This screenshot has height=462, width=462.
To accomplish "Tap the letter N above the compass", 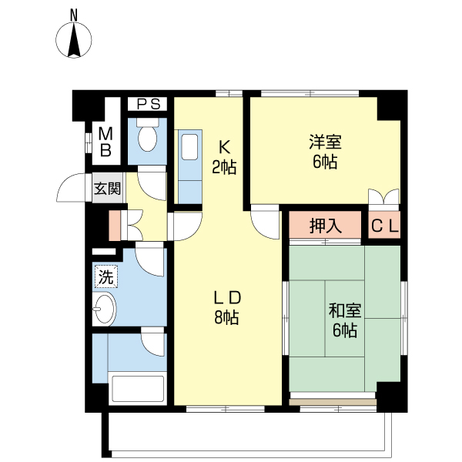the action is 74,15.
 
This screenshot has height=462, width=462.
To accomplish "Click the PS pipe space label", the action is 149,104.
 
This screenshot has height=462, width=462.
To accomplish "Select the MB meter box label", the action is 105,142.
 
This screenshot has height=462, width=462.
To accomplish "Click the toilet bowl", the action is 148,137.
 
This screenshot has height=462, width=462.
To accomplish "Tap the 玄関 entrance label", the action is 107,189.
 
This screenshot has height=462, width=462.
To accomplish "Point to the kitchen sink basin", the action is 189,147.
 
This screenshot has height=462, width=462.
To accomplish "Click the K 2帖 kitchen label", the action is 224,157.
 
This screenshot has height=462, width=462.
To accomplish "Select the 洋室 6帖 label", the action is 325,152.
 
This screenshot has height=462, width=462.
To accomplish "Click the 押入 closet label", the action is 325,226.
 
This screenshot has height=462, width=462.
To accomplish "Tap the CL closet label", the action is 384,226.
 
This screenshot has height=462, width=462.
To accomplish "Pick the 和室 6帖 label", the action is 345,320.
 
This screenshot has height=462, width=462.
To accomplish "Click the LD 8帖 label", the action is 227,307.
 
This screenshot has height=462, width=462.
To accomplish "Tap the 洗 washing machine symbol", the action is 105,276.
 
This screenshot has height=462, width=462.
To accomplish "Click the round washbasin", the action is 104,309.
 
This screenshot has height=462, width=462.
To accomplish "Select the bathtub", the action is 138,388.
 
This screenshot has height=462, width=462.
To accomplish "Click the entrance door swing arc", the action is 66,182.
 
